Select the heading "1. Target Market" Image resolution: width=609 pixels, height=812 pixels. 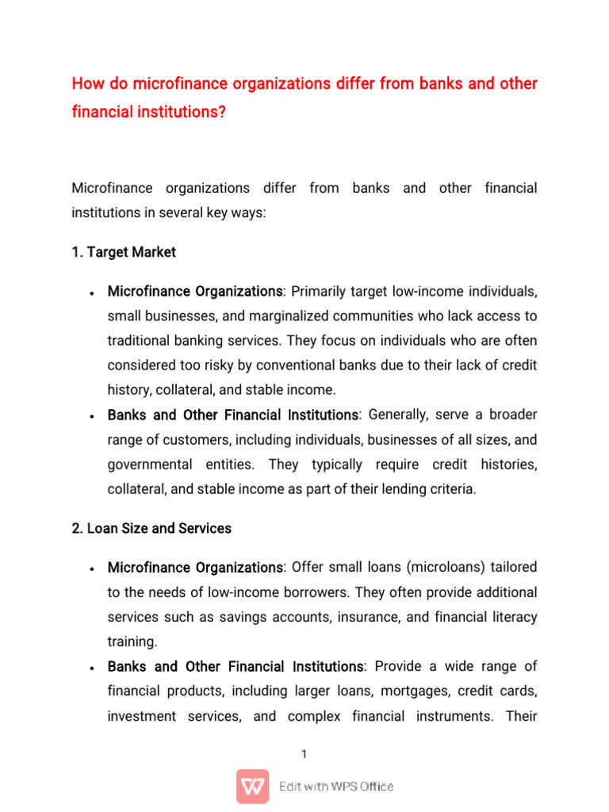click(x=124, y=252)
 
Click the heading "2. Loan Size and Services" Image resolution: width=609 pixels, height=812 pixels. click(x=151, y=528)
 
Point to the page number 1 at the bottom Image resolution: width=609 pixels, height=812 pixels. click(x=304, y=754)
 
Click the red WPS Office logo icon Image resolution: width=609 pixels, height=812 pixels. click(x=252, y=787)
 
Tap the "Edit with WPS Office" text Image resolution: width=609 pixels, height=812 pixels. click(x=336, y=787)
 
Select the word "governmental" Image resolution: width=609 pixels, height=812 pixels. click(x=152, y=464)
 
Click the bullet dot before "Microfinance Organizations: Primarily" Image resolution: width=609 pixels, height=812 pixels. click(x=93, y=293)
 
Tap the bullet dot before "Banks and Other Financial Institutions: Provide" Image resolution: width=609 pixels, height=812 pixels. click(x=93, y=668)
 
